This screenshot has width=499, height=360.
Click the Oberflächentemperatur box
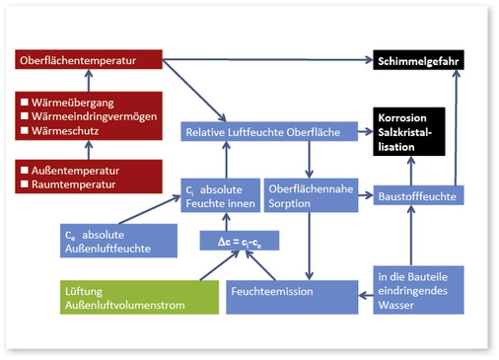pyautogui.click(x=89, y=61)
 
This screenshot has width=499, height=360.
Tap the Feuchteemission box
pyautogui.click(x=292, y=292)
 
